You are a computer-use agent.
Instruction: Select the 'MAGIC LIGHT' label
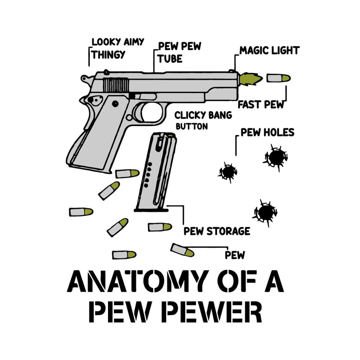pos(269,50)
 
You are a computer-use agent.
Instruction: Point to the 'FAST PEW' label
pos(261,105)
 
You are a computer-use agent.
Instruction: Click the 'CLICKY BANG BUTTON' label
pos(203,120)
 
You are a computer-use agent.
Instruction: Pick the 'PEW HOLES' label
pos(267,132)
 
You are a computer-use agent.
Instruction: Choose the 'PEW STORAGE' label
pos(217,231)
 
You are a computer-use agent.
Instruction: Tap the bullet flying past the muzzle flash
pos(278,78)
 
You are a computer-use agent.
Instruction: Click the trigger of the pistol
pos(141,112)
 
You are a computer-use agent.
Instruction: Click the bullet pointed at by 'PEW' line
pos(182,250)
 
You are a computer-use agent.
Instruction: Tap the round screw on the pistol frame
pos(115,103)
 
